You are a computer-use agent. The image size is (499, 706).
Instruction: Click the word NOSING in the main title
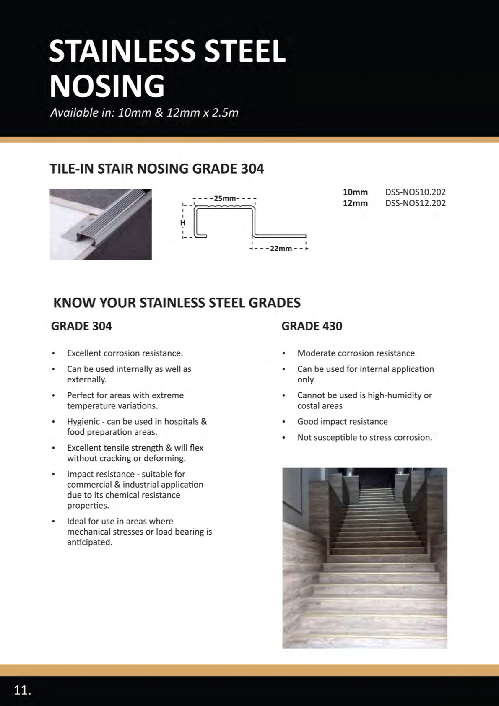pos(107,86)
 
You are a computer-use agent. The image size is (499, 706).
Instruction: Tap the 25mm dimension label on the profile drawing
pos(225,198)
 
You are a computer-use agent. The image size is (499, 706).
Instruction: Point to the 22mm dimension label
pos(281,249)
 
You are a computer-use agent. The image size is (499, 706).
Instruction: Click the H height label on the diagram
pos(183,223)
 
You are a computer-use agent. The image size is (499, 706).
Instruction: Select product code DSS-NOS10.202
pos(415,192)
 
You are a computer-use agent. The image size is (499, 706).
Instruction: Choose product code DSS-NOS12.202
pos(415,203)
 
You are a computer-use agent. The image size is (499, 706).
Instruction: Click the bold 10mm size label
pos(355,192)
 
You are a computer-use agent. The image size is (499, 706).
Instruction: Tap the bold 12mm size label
pos(355,203)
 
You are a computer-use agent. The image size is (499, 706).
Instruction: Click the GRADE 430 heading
pos(312,326)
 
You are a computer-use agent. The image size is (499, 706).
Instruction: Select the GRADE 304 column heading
pos(81,326)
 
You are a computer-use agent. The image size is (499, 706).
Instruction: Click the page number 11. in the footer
pos(23,690)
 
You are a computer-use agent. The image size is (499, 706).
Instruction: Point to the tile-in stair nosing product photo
pos(101,224)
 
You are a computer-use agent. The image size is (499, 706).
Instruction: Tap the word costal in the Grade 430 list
pos(309,406)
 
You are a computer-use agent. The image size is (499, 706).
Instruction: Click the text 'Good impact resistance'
pos(342,422)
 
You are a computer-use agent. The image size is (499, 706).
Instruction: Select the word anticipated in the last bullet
pos(89,542)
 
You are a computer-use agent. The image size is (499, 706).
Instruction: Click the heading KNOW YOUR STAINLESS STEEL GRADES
pos(177,303)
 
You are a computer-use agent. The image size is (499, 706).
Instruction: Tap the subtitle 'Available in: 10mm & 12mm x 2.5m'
pos(144,113)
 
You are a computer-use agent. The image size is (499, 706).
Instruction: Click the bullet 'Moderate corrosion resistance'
pos(356,353)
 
